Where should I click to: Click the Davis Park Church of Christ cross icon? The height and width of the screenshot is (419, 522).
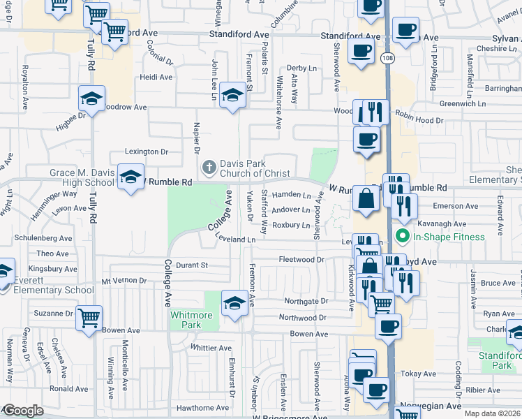[x=207, y=168]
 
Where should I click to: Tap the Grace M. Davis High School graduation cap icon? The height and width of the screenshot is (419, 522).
[x=130, y=177]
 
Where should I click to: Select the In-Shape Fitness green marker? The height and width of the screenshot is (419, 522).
[x=401, y=237]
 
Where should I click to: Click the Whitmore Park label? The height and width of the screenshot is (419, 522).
[x=191, y=320]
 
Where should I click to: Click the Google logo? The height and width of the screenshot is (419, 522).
[x=22, y=411]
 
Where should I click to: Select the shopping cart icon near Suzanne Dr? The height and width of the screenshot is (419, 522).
[x=89, y=318]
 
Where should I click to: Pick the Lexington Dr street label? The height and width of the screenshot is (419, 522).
[x=147, y=152]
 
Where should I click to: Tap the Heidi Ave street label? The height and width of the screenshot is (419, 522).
[x=156, y=78]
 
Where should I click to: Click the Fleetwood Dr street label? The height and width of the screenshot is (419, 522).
[x=302, y=260]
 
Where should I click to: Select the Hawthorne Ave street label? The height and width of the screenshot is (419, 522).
[x=202, y=408]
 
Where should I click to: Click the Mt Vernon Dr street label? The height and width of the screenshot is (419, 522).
[x=124, y=281]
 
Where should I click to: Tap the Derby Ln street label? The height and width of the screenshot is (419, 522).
[x=301, y=68]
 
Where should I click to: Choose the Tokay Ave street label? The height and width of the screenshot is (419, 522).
[x=421, y=374]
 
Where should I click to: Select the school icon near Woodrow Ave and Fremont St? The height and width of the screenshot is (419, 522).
[x=232, y=95]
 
